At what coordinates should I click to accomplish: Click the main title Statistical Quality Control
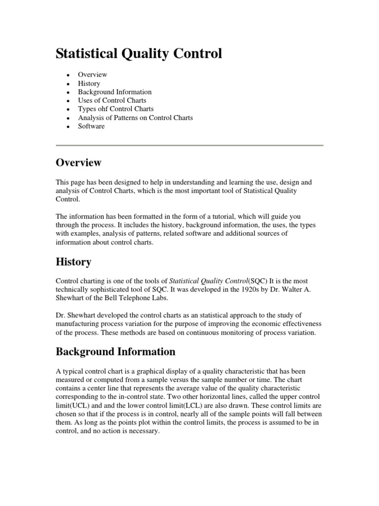tap(139, 53)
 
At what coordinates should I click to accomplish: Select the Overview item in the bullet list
tap(92, 75)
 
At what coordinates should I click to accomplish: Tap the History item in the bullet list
tap(89, 84)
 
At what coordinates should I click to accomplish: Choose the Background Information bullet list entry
tap(114, 92)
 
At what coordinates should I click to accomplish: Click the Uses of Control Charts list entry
tap(112, 100)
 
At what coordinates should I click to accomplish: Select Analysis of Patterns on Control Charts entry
tap(135, 118)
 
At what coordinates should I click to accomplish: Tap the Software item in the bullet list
tap(91, 126)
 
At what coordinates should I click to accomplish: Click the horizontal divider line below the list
tap(189, 145)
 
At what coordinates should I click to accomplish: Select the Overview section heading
tap(78, 163)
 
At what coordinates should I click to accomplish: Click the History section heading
tap(73, 262)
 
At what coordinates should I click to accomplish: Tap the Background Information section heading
tap(115, 352)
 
